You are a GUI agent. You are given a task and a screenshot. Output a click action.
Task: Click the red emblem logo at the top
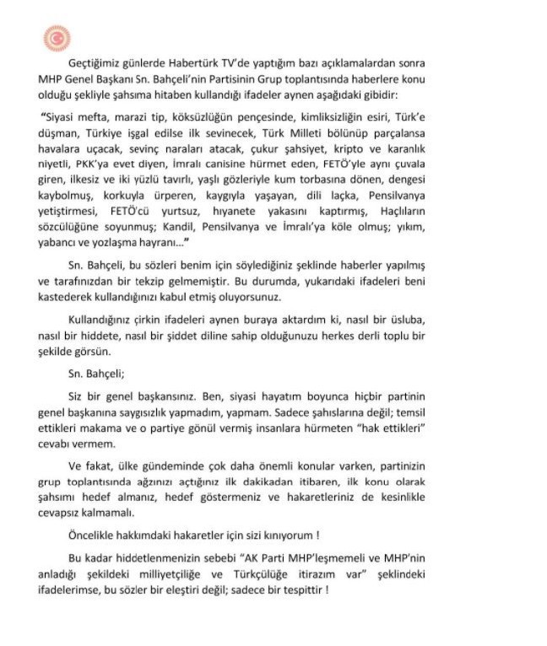[x=57, y=39]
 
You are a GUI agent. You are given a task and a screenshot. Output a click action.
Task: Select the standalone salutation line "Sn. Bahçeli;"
[x=99, y=370]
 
